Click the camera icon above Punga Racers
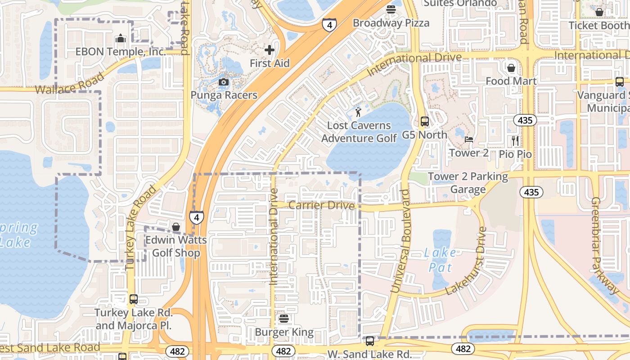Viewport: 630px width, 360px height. (x=224, y=82)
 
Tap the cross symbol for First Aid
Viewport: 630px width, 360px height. (x=270, y=49)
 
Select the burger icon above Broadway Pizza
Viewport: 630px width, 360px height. (x=391, y=9)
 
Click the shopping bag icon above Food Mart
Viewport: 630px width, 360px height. (x=511, y=68)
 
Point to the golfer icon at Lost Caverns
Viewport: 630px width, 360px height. (x=358, y=112)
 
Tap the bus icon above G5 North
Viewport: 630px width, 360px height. (x=424, y=121)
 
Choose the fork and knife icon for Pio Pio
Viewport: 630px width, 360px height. (x=515, y=141)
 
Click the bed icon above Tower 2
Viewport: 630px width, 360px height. (x=468, y=139)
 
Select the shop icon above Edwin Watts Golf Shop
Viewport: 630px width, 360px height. (x=176, y=227)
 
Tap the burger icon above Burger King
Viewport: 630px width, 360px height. (x=283, y=319)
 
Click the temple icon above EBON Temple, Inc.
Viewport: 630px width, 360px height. (x=120, y=39)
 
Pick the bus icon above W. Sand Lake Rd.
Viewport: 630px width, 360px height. (x=369, y=341)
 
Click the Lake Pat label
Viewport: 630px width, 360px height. (x=439, y=260)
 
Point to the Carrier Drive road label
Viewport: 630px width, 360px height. (x=321, y=206)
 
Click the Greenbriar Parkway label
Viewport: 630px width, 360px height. (x=605, y=245)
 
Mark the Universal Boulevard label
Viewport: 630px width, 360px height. (x=400, y=241)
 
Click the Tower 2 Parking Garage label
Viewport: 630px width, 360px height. (x=468, y=183)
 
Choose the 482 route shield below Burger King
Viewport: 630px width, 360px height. (x=283, y=351)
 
